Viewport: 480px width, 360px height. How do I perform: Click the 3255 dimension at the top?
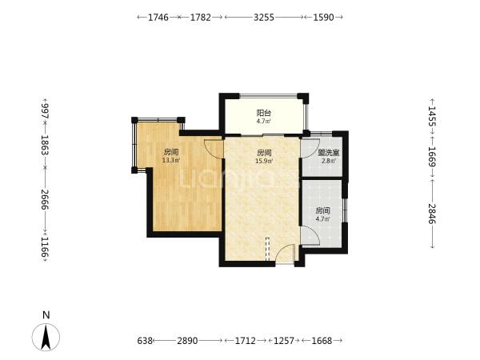(x=264, y=17)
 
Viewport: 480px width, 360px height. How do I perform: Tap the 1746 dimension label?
(x=158, y=17)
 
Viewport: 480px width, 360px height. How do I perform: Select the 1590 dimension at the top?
(x=323, y=17)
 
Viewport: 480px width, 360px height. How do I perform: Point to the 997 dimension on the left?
(x=45, y=111)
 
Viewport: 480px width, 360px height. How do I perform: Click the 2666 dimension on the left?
(x=45, y=199)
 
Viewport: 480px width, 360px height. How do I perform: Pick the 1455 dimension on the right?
(x=432, y=116)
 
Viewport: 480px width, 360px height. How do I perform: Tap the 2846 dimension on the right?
(x=432, y=214)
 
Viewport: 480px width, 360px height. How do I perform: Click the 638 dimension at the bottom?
(x=145, y=341)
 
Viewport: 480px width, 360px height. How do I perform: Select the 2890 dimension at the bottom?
(x=187, y=341)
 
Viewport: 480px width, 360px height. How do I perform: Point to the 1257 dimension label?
(x=284, y=341)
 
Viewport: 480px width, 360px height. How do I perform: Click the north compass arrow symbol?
(x=46, y=338)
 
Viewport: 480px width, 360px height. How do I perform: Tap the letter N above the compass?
(x=46, y=315)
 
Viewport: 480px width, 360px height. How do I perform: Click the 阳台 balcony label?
(x=263, y=113)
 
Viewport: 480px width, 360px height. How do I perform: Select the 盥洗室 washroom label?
(x=329, y=153)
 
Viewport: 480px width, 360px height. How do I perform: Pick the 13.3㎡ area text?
(x=171, y=160)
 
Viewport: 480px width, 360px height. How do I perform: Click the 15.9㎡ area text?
(x=264, y=161)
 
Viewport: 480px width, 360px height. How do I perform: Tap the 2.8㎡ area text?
(x=329, y=161)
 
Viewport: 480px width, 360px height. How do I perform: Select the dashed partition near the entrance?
(x=267, y=249)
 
